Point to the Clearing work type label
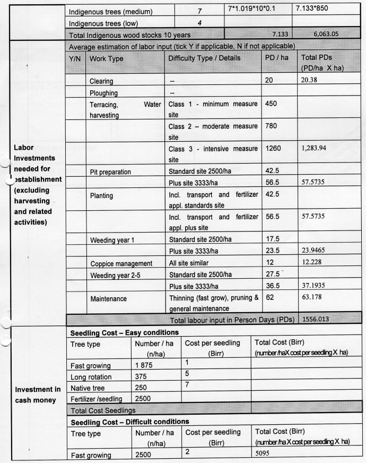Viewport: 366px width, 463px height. tap(104, 82)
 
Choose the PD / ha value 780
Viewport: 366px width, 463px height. tap(272, 126)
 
